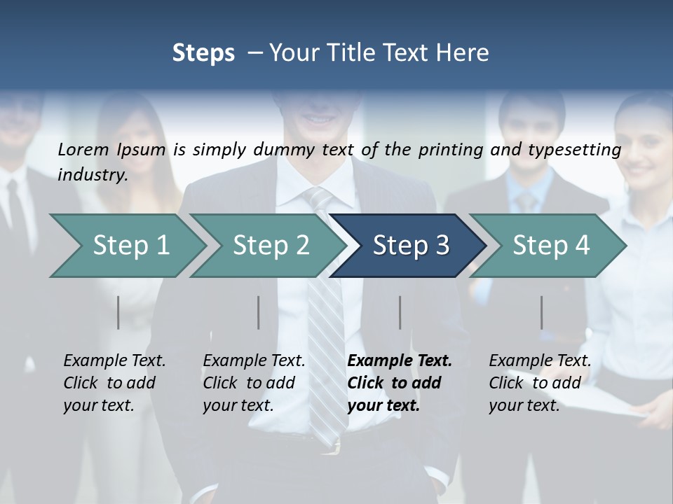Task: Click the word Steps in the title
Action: point(203,52)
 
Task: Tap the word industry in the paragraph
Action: point(92,174)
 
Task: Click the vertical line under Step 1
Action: point(118,312)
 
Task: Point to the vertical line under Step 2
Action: point(259,312)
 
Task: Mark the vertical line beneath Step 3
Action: point(400,312)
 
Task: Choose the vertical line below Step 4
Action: point(541,312)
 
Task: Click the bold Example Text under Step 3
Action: point(400,361)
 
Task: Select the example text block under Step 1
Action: point(114,383)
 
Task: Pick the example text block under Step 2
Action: point(254,383)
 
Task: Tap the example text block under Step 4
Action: point(540,383)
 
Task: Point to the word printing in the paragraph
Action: point(451,150)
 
